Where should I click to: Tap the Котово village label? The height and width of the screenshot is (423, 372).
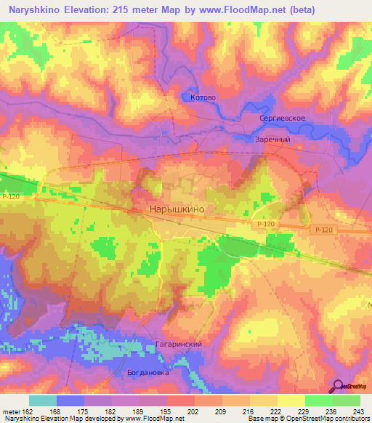[x=203, y=97]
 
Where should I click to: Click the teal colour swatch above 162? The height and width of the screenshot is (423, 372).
[x=43, y=400]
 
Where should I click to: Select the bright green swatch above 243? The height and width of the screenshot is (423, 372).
[x=347, y=400]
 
